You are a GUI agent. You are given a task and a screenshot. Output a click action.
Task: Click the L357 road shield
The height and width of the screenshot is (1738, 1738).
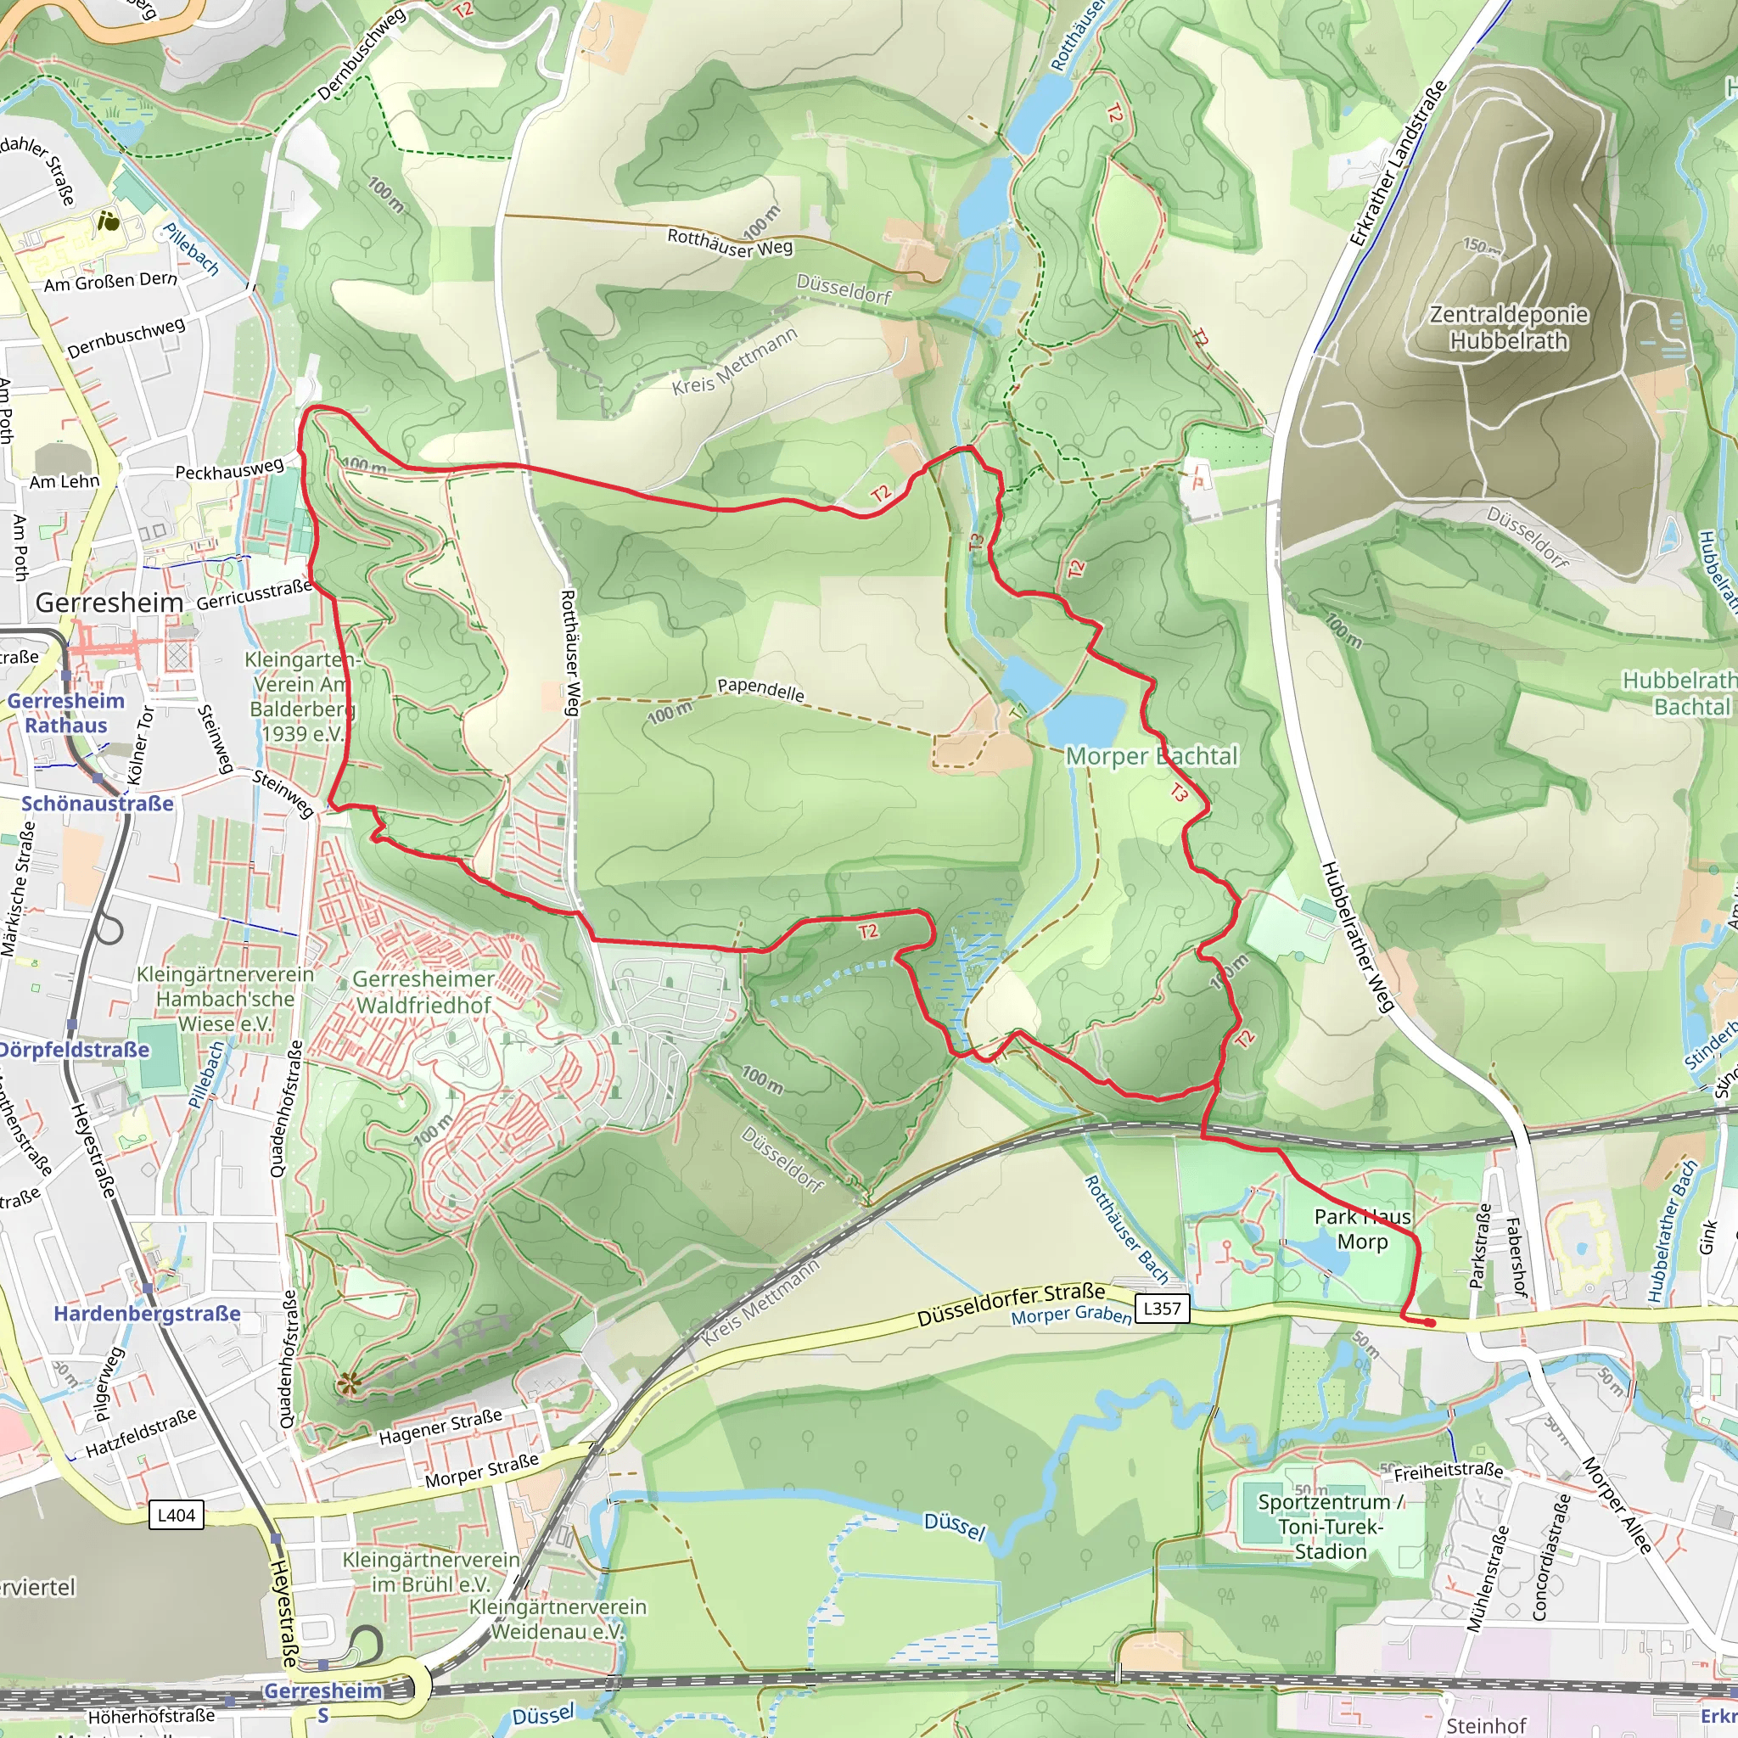coord(1163,1308)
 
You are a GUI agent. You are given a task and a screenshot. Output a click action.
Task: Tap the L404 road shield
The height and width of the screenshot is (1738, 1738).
coord(177,1515)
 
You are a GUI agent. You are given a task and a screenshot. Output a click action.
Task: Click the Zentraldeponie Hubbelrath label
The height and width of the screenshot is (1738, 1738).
coord(1509,328)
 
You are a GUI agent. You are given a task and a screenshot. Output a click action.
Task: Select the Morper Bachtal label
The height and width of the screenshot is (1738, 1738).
coord(1152,756)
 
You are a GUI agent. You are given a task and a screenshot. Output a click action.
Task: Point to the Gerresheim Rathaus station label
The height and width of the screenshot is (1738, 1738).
coord(65,713)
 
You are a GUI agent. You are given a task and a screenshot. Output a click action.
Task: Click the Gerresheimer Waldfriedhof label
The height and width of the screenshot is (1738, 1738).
coord(423,991)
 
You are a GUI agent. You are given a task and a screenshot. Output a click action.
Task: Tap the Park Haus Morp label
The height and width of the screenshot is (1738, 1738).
coord(1362,1229)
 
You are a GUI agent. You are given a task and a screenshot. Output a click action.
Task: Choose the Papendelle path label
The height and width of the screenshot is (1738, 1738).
coord(760,689)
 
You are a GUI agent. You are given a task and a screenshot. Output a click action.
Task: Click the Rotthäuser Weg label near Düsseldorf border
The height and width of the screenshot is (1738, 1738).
coord(730,243)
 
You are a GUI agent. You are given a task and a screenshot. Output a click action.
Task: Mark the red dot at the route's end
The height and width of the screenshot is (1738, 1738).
coord(1429,1322)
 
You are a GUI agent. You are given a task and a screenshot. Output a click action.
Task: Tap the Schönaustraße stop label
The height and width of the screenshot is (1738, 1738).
coord(97,804)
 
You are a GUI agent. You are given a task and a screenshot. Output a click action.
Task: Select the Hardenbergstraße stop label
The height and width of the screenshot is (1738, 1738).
coord(148,1314)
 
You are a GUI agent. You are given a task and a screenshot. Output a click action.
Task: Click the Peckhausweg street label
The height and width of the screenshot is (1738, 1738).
coord(229,468)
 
